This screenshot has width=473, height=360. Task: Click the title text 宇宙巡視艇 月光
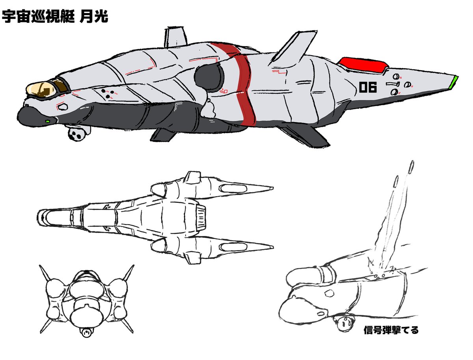click(x=55, y=17)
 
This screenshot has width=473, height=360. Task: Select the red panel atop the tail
click(x=362, y=64)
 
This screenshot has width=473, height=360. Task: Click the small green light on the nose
click(x=48, y=121)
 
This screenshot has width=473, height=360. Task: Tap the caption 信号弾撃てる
click(x=391, y=330)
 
